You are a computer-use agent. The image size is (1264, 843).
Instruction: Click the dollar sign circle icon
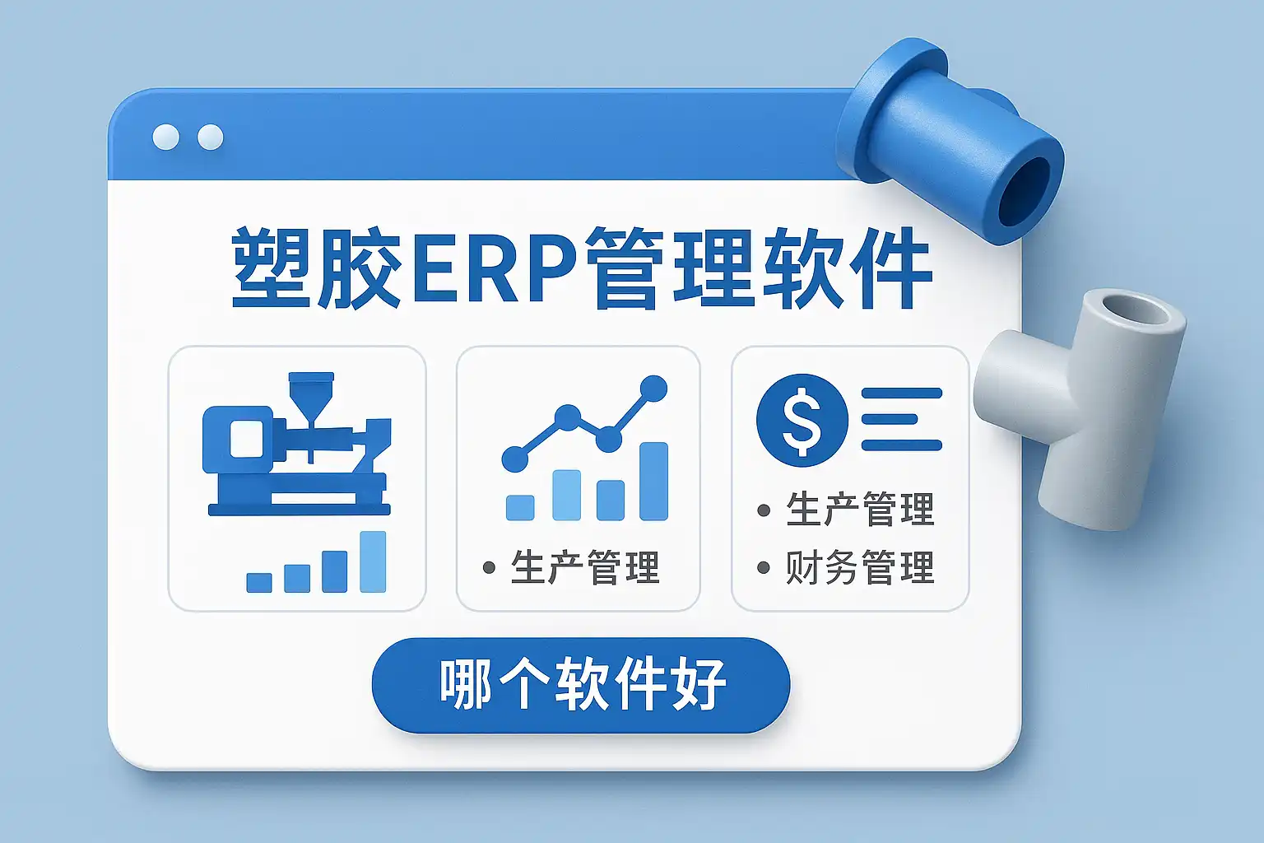point(802,420)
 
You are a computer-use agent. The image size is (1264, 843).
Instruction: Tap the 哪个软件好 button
point(581,686)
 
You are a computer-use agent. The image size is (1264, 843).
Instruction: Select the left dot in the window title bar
point(166,137)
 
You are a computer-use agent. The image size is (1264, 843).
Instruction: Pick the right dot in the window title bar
point(211,137)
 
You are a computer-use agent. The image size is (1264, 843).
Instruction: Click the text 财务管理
point(860,567)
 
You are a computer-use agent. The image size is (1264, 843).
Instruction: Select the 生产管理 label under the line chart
point(585,567)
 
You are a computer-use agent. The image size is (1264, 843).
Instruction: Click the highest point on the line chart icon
point(653,389)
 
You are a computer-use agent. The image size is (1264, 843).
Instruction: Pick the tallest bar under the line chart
point(653,481)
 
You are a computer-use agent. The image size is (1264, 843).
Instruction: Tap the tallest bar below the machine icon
point(373,561)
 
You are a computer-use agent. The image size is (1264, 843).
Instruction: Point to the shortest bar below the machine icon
point(259,583)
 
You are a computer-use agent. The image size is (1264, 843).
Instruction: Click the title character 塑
point(271,267)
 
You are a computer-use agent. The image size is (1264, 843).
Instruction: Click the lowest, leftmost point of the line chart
point(514,458)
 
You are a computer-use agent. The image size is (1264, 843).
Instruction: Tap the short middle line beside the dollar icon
point(890,419)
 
